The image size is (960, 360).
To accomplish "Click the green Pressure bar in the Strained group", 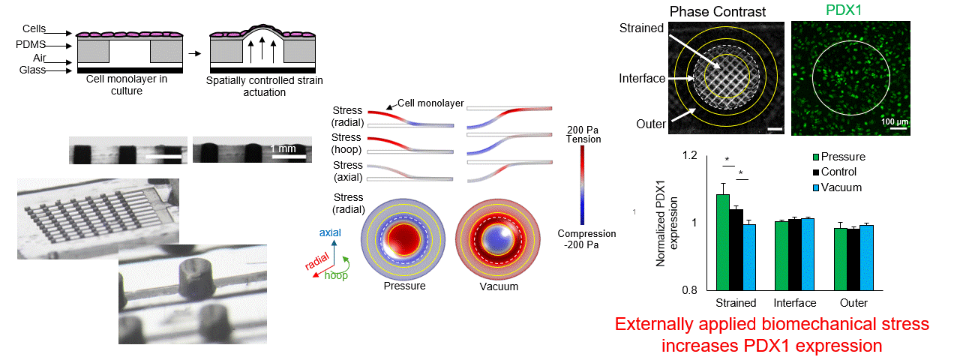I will pos(722,241).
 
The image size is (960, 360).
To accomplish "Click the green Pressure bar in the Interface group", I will pos(781,255).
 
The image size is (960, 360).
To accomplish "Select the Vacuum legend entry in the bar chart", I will pos(840,187).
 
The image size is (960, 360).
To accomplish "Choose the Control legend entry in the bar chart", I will pos(839,172).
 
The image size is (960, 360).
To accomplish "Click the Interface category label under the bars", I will pos(795,303).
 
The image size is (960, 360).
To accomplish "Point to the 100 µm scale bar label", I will pos(892,121).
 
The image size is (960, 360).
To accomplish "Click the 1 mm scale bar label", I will pos(283,148).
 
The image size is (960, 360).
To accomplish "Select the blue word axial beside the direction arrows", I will pos(331,233).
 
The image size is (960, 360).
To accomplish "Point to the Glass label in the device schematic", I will pos(33,70).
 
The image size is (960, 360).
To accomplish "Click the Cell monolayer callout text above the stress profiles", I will pos(429,103).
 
